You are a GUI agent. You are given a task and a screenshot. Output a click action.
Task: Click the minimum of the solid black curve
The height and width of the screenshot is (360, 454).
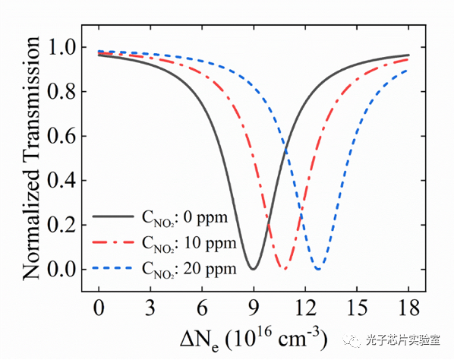pyautogui.click(x=254, y=268)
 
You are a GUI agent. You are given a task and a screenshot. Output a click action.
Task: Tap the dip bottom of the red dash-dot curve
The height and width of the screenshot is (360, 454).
pyautogui.click(x=284, y=268)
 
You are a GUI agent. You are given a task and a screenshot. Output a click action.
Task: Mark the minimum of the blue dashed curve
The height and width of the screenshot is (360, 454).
pyautogui.click(x=318, y=268)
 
